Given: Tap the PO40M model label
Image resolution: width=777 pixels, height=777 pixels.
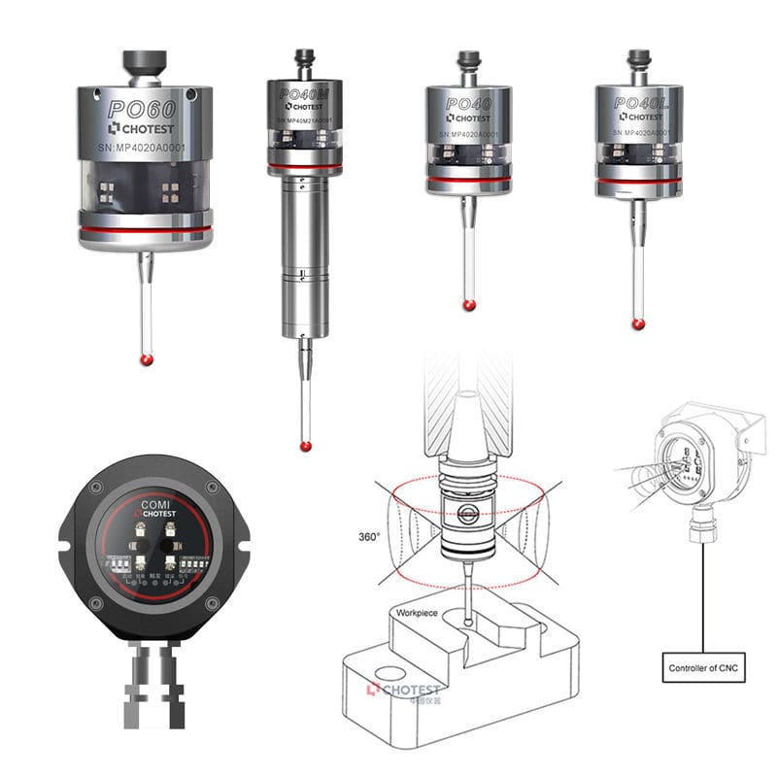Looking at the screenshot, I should click(303, 94).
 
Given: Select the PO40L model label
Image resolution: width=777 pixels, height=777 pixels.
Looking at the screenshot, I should click(638, 102).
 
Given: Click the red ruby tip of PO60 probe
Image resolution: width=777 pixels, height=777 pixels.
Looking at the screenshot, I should click(147, 359).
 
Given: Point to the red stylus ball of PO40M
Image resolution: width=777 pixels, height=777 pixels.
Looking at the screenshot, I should click(306, 446).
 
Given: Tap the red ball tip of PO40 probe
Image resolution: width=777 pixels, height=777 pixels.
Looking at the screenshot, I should click(469, 305).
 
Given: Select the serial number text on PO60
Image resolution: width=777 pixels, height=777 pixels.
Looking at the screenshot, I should click(145, 147).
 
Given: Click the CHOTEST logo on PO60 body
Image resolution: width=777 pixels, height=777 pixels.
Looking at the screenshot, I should click(145, 127).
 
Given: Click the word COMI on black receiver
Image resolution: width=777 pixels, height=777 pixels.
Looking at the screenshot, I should click(154, 505).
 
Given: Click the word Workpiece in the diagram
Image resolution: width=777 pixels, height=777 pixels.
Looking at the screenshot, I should click(417, 614).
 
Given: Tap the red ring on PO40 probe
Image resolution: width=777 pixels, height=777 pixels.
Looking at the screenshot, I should click(468, 181).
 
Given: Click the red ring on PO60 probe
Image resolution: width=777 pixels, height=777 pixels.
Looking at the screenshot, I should click(146, 229).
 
